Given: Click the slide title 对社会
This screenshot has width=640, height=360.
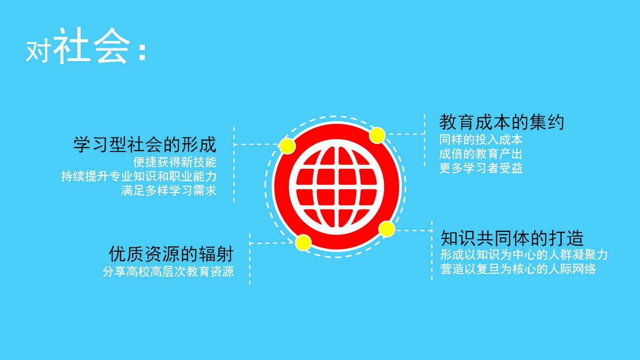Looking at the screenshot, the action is point(78,46).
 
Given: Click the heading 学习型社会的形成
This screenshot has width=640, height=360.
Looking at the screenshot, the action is point(145,145).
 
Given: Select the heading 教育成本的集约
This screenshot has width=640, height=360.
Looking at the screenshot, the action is point(502,122).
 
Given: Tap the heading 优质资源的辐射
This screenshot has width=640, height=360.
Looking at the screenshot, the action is point(171,254).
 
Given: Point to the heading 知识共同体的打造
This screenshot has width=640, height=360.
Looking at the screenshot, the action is point(512,238).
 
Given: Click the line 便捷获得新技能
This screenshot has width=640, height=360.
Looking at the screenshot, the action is point(174,162).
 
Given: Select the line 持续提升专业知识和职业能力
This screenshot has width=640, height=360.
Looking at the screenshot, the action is point(138,176).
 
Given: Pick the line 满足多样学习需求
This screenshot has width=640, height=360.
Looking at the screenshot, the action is point(168,190).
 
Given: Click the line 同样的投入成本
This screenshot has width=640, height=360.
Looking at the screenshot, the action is point(481,140).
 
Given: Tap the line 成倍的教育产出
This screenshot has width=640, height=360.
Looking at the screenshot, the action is point(481,154).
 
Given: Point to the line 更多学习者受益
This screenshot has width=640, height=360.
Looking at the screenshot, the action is point(481,168).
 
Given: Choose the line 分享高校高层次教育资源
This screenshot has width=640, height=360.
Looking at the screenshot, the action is point(168,271).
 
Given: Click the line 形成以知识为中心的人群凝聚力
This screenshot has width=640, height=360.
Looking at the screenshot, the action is point(524,255).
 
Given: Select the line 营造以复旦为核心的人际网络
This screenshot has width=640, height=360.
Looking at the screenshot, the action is point(518,269).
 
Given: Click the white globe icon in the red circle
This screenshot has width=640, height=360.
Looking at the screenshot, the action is point(337,187).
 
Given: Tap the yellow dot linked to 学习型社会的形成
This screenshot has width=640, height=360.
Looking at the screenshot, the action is point(287,146).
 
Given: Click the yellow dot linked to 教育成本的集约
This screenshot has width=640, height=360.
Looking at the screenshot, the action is point(377,135).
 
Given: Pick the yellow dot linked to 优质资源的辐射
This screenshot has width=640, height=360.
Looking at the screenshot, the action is point(303,243).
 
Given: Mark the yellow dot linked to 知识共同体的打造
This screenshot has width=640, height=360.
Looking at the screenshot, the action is point(387,229).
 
